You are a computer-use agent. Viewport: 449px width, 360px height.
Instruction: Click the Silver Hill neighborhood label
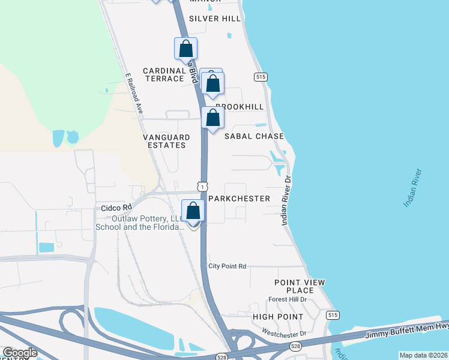coord(215,19)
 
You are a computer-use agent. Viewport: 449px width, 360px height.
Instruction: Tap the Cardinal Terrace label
coord(163,74)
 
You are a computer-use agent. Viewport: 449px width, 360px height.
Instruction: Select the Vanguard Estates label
coord(166,141)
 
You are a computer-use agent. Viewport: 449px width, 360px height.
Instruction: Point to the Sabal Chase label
coord(254,136)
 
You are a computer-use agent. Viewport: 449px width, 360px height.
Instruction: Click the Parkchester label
coord(239,198)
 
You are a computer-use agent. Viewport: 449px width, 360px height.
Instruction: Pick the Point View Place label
coord(300,286)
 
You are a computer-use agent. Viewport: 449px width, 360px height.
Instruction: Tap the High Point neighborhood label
coord(277,316)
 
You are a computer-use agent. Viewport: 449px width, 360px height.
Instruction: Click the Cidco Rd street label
coord(116,208)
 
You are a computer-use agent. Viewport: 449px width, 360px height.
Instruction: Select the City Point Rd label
coord(228,266)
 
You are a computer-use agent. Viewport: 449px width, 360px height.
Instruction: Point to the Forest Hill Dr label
coord(288,299)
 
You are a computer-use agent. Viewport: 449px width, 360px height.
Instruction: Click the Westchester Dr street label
coord(285,332)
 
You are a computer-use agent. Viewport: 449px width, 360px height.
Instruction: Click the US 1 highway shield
coord(203,187)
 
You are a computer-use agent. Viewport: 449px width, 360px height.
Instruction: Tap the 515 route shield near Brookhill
coord(260,77)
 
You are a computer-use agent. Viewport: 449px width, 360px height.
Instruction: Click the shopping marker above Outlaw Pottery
coord(193,211)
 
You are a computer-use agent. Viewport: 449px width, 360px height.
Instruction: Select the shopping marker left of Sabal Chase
coord(212,118)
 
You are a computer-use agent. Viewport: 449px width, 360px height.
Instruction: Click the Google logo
coord(20,353)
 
